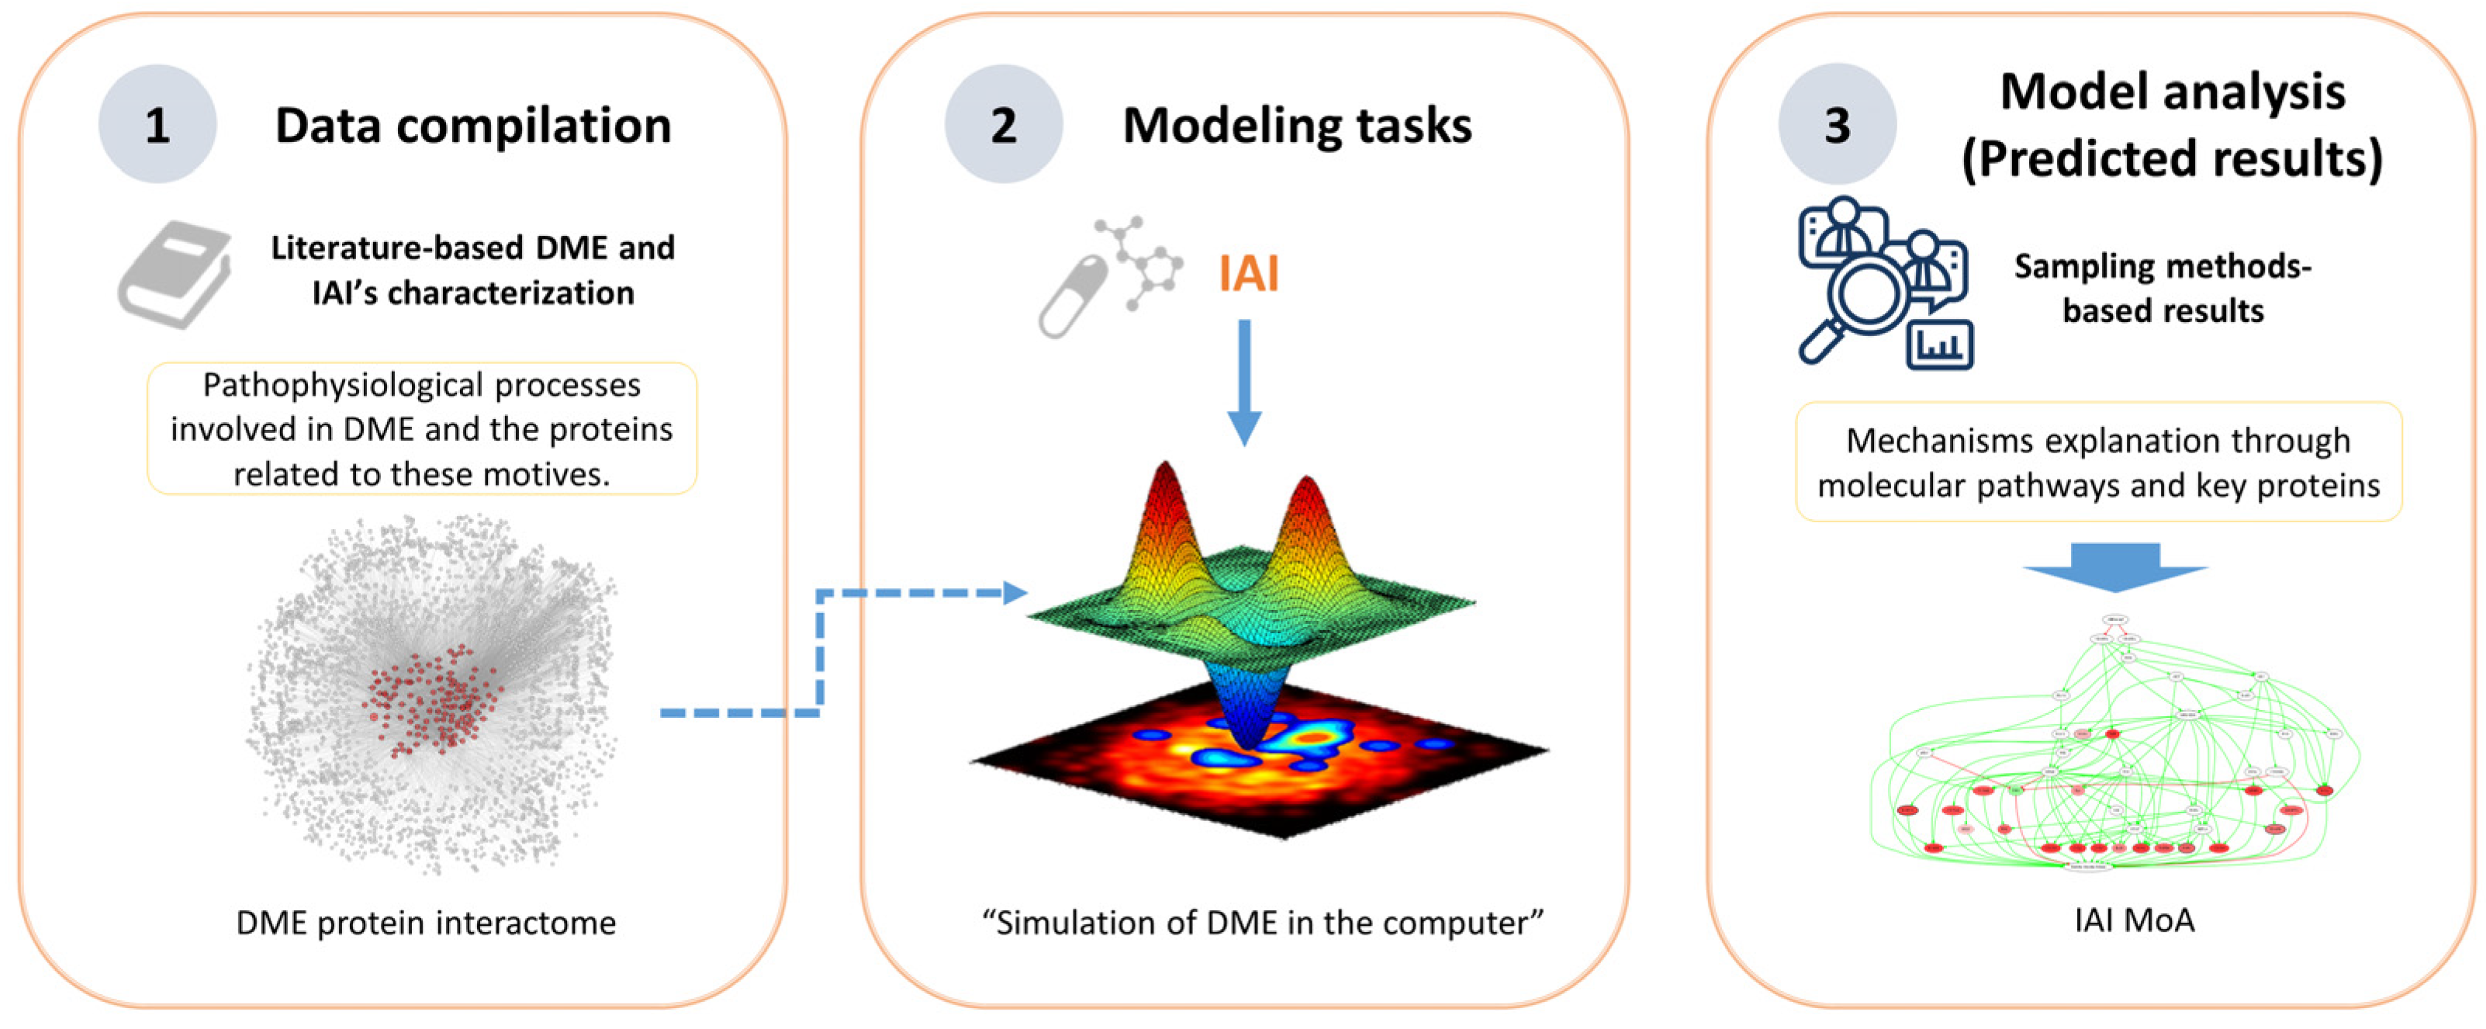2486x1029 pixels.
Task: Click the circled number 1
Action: [x=157, y=124]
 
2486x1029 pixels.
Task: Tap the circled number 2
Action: [x=1003, y=124]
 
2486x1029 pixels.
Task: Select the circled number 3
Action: [x=1838, y=124]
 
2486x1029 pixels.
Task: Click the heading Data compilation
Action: [x=473, y=126]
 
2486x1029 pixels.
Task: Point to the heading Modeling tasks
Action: [x=1296, y=126]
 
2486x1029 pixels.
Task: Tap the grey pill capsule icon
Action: [x=1072, y=297]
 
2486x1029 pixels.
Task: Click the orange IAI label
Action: [x=1248, y=273]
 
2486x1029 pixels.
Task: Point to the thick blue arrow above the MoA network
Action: [x=2115, y=567]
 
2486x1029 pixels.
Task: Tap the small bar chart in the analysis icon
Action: [x=1940, y=344]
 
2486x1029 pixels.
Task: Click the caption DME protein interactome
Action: [x=426, y=923]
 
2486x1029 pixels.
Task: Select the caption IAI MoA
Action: [x=2135, y=920]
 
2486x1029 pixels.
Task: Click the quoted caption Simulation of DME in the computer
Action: [x=1262, y=923]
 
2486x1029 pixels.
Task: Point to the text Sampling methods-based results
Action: [x=2162, y=288]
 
